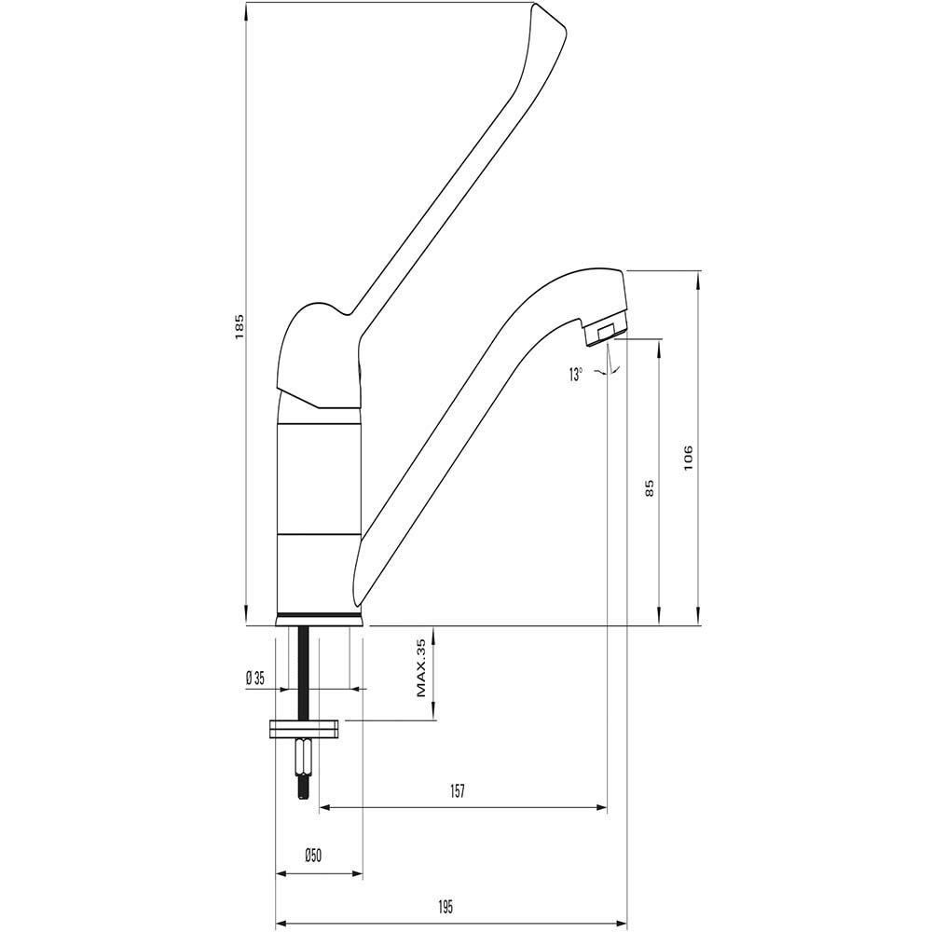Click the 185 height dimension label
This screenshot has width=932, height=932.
pyautogui.click(x=240, y=327)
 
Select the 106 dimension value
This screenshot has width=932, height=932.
pyautogui.click(x=689, y=458)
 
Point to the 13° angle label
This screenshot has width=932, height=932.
pyautogui.click(x=575, y=375)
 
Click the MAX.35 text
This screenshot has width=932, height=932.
pyautogui.click(x=421, y=668)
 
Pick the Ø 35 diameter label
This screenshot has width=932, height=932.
pyautogui.click(x=255, y=678)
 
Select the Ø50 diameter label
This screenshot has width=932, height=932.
pyautogui.click(x=312, y=856)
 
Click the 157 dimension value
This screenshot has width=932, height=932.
pyautogui.click(x=457, y=791)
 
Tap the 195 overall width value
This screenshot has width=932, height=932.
pyautogui.click(x=445, y=907)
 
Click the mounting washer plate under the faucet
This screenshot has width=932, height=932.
pyautogui.click(x=305, y=729)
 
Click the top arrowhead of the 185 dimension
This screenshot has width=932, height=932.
pyautogui.click(x=245, y=8)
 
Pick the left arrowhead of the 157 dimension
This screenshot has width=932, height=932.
pyautogui.click(x=326, y=807)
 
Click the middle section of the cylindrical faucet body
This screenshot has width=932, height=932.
pyautogui.click(x=319, y=478)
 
